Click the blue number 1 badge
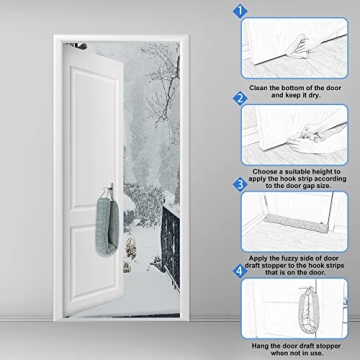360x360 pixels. coord(240,12)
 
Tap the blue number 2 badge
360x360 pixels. coord(240,99)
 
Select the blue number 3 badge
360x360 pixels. coord(240,184)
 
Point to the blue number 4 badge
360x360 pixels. coord(240,270)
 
